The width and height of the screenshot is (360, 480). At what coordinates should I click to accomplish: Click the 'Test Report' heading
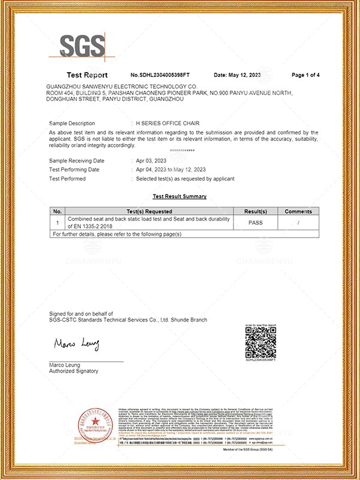[x=87, y=75]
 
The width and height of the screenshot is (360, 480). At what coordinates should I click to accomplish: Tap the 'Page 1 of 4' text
[x=305, y=75]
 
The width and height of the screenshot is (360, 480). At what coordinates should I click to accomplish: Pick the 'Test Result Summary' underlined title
[x=179, y=196]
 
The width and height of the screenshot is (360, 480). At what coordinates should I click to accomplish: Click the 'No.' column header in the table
[x=58, y=211]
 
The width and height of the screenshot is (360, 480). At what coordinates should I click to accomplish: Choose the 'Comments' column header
[x=298, y=211]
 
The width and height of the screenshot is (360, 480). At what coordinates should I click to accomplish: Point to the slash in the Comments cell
[x=298, y=222]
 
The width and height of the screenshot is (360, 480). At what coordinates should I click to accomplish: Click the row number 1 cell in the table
[x=58, y=222]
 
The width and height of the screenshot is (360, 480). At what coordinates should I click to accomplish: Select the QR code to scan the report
[x=261, y=342]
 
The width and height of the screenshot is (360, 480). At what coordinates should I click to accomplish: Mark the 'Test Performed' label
[x=67, y=179]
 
